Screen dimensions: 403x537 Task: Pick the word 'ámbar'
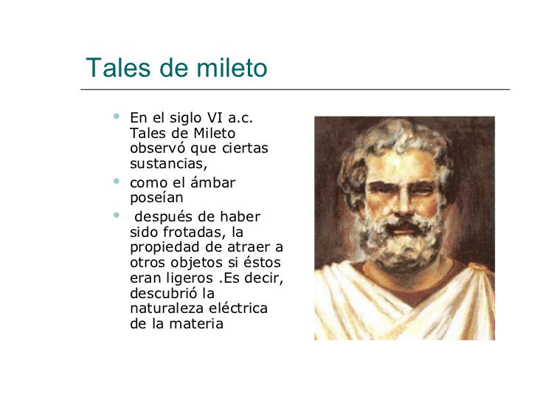click(212, 182)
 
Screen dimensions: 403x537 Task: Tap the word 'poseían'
click(156, 198)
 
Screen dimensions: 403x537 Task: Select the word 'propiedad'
click(164, 247)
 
